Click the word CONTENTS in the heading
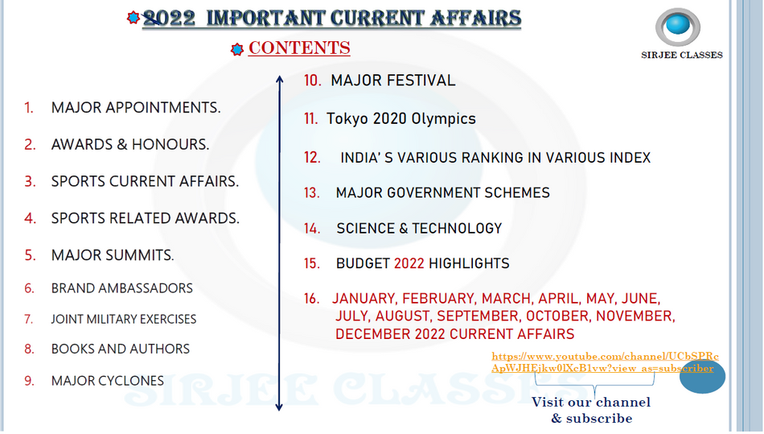299,48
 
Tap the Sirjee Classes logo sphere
678,26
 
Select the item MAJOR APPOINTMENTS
136,108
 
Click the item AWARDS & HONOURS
130,144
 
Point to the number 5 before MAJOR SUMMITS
31,255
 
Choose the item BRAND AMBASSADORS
121,288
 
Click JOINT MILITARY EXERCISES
124,319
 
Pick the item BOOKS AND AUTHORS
121,349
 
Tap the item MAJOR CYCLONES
108,381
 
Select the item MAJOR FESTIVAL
393,81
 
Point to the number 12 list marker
312,158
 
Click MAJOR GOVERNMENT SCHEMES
443,192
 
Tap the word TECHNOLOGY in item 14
457,228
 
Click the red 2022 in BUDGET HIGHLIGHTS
409,263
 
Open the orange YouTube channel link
605,362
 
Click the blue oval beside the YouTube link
703,377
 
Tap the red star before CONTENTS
237,49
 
